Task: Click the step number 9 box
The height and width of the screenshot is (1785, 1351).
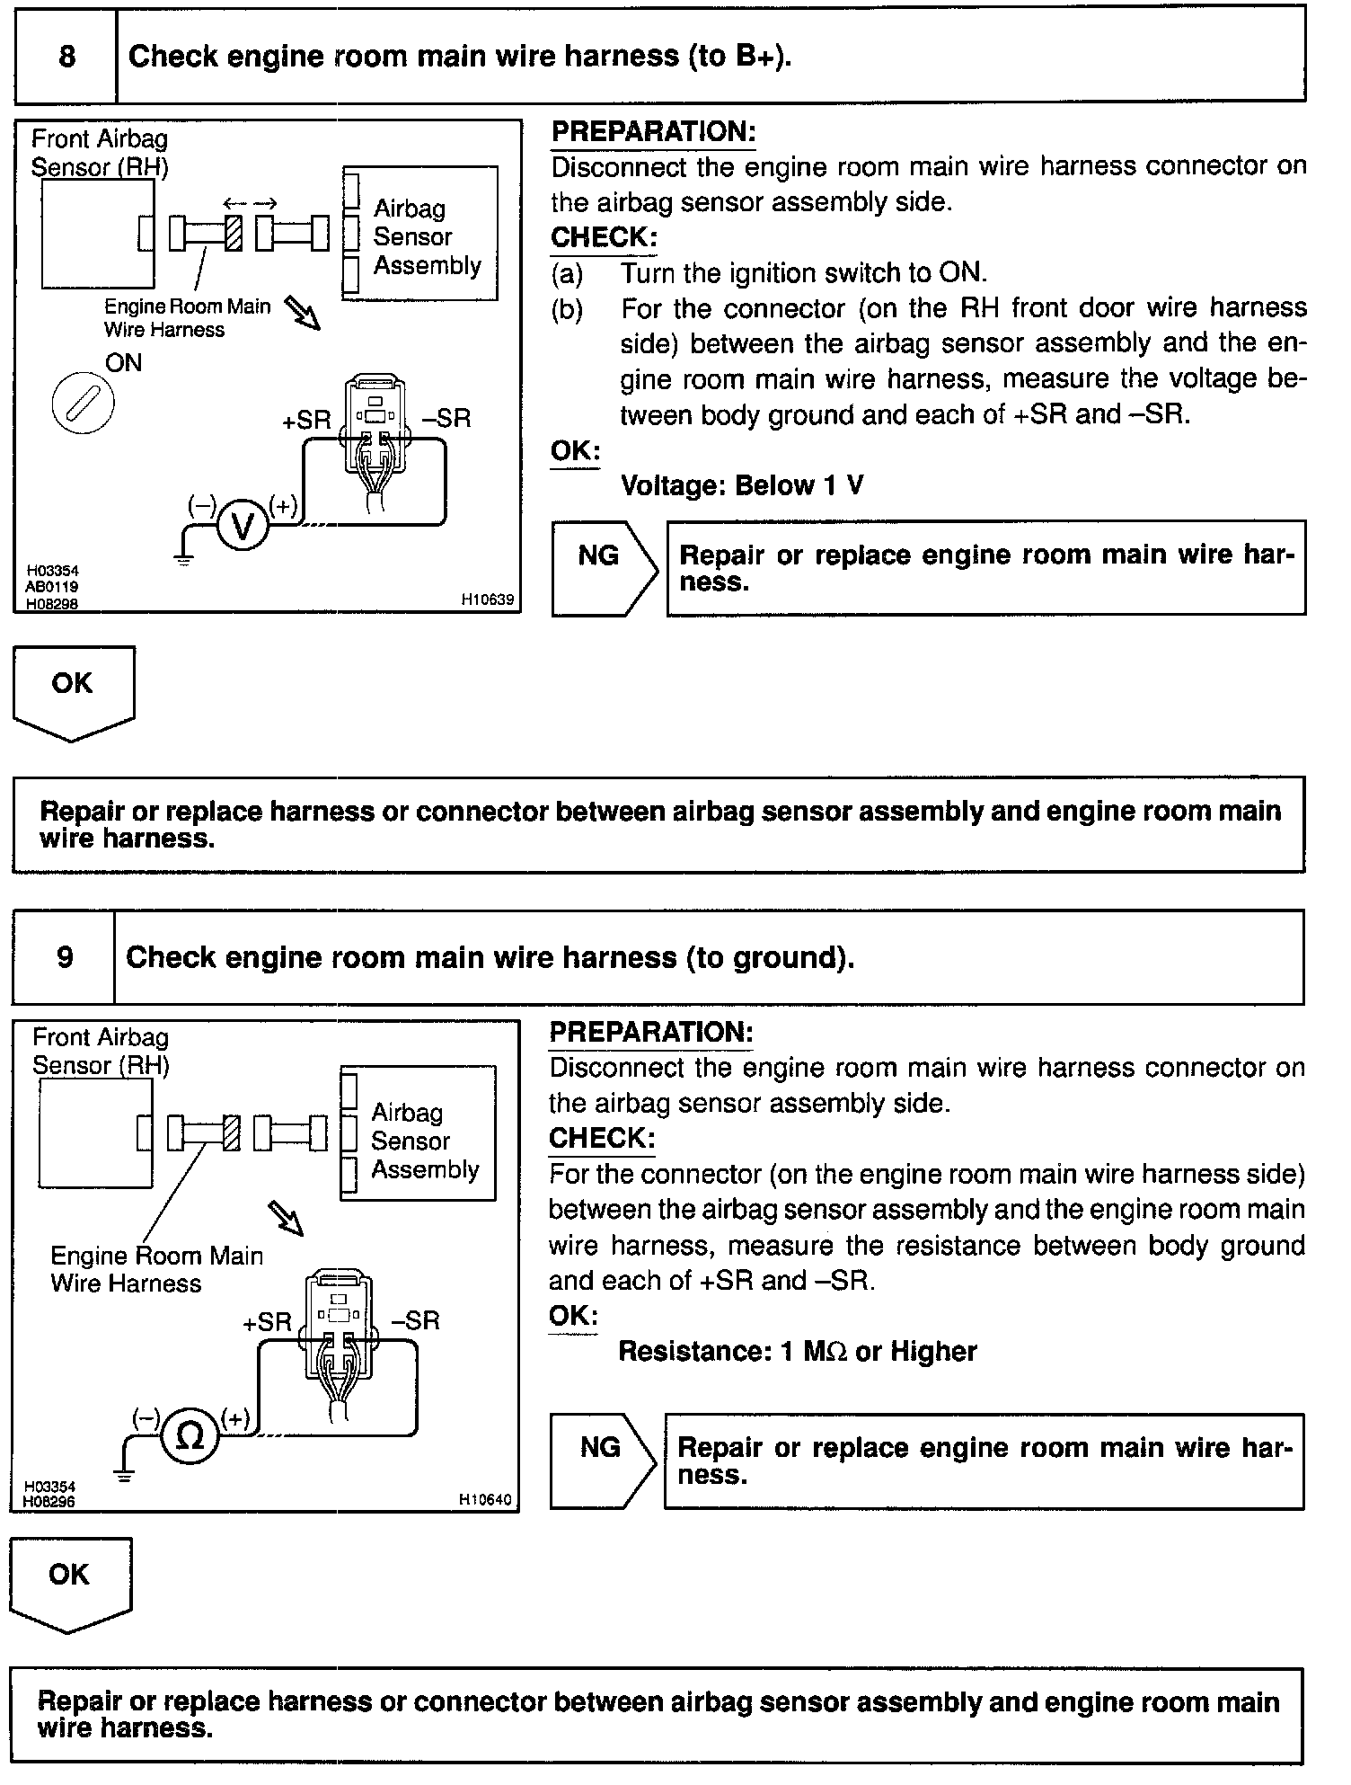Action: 65,957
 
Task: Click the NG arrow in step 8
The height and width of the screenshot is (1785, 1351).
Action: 603,568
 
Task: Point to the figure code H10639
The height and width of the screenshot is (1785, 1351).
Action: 488,599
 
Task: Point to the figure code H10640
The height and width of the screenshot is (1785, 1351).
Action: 485,1499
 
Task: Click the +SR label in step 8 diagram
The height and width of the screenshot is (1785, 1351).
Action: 306,420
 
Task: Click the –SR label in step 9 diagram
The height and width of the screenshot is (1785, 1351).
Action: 416,1320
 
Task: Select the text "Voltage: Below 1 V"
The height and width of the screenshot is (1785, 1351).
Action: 742,486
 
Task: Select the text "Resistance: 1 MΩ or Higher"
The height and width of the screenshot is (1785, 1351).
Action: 797,1352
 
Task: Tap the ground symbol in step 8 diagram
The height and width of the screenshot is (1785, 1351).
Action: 184,559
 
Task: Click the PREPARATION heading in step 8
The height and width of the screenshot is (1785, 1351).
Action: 653,132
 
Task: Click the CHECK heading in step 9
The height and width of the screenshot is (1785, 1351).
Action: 602,1138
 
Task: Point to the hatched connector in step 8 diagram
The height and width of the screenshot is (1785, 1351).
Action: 233,234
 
